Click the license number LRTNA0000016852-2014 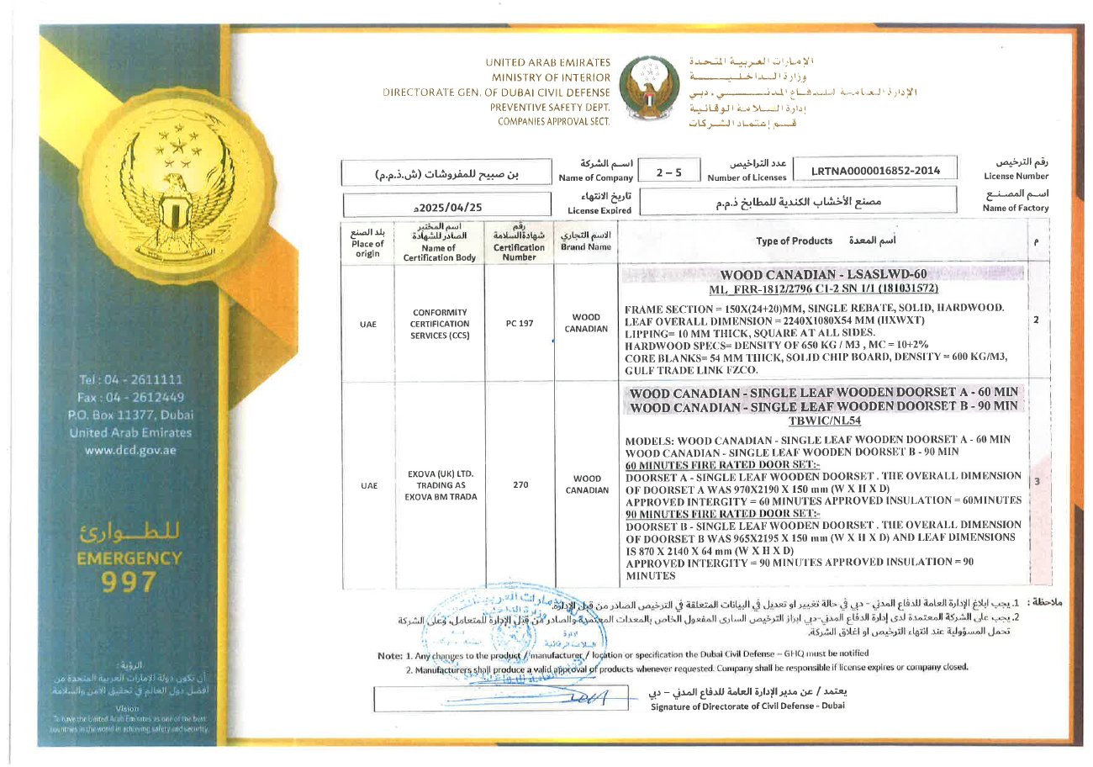[874, 172]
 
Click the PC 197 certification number [515, 323]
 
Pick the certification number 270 [515, 484]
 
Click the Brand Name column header [586, 244]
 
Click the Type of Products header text [794, 241]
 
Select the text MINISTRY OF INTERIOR [551, 77]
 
